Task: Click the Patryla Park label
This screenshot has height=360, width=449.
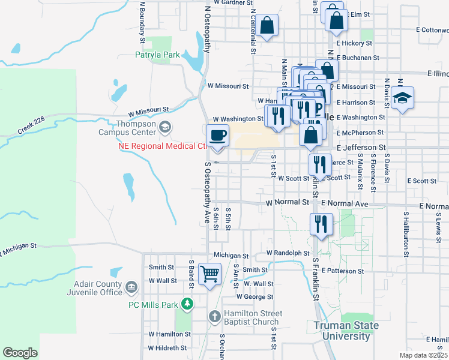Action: [x=158, y=55]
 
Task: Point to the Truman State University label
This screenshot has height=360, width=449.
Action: [x=346, y=331]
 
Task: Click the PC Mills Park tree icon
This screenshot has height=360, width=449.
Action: [x=187, y=304]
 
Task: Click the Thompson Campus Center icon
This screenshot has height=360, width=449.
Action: [x=164, y=127]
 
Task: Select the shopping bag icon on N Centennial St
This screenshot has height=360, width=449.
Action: [x=268, y=25]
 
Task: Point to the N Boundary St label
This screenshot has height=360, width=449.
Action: [x=143, y=22]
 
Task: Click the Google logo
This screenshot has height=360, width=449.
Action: [x=20, y=353]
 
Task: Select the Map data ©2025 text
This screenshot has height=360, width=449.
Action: [x=423, y=355]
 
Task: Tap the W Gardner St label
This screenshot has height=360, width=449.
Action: [x=228, y=3]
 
